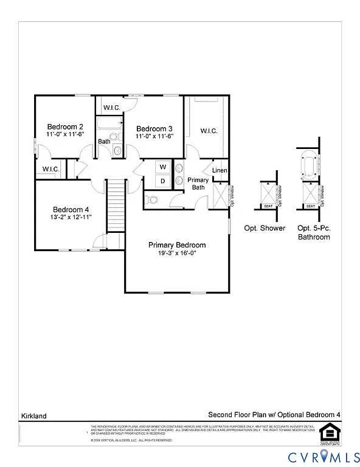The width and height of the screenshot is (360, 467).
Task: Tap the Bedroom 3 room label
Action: pos(154,128)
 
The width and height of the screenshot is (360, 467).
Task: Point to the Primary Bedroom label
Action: pos(177,245)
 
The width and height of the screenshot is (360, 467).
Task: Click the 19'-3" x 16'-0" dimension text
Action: pos(177,254)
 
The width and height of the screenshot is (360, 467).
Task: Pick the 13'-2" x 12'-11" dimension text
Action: pos(71,217)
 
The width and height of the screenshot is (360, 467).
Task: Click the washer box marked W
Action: pos(163,167)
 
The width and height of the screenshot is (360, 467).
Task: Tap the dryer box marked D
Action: pos(163,181)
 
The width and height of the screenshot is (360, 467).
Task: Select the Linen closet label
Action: pos(220,170)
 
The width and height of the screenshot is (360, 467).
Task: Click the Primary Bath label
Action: pos(198,184)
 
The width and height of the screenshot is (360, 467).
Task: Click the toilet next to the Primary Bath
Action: pos(153,199)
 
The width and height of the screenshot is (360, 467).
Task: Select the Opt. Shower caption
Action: pos(265,228)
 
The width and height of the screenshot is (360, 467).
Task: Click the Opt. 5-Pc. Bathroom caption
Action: pos(314,232)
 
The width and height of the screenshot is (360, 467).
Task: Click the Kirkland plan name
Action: pos(31,416)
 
